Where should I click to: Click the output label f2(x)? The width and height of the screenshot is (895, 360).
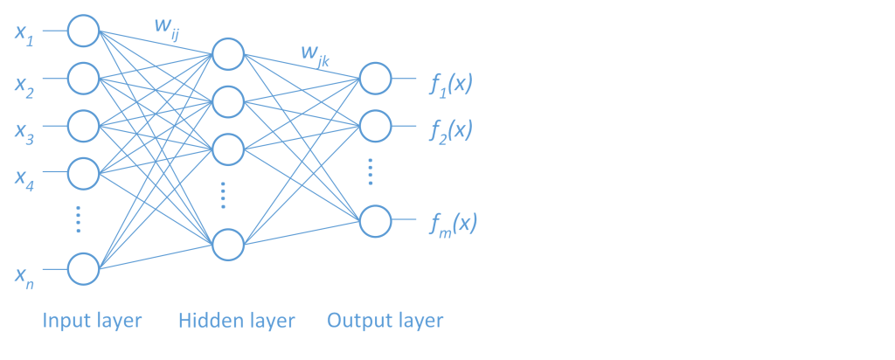451,131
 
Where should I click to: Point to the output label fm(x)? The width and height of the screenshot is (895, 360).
453,225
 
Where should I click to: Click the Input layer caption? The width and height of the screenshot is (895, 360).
92,321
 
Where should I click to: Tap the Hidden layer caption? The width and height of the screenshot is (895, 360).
237,321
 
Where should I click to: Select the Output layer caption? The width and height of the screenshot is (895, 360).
385,321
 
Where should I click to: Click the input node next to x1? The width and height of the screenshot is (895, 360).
84,31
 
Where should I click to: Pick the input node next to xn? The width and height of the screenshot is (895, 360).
84,268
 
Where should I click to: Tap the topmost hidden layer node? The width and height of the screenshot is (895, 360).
227,54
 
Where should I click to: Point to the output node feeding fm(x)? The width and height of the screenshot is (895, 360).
376,221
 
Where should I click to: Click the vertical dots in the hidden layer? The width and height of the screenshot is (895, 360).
224,195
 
